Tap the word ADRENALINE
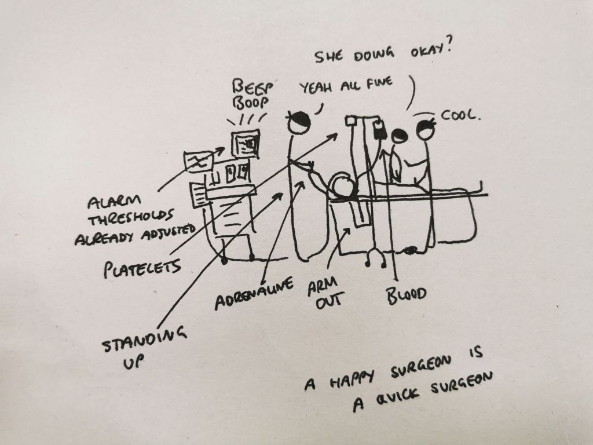tap(254, 294)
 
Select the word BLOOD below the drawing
tap(407, 295)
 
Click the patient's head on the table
tap(343, 188)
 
